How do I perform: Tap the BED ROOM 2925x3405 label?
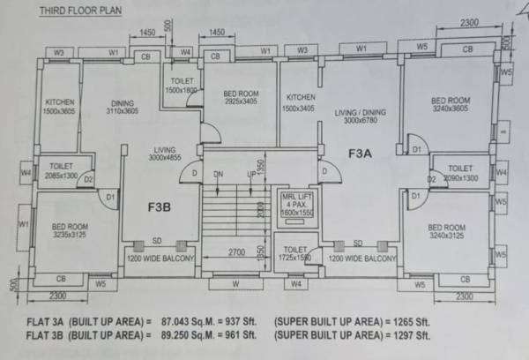pyautogui.click(x=240, y=97)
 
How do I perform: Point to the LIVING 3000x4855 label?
pyautogui.click(x=165, y=153)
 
